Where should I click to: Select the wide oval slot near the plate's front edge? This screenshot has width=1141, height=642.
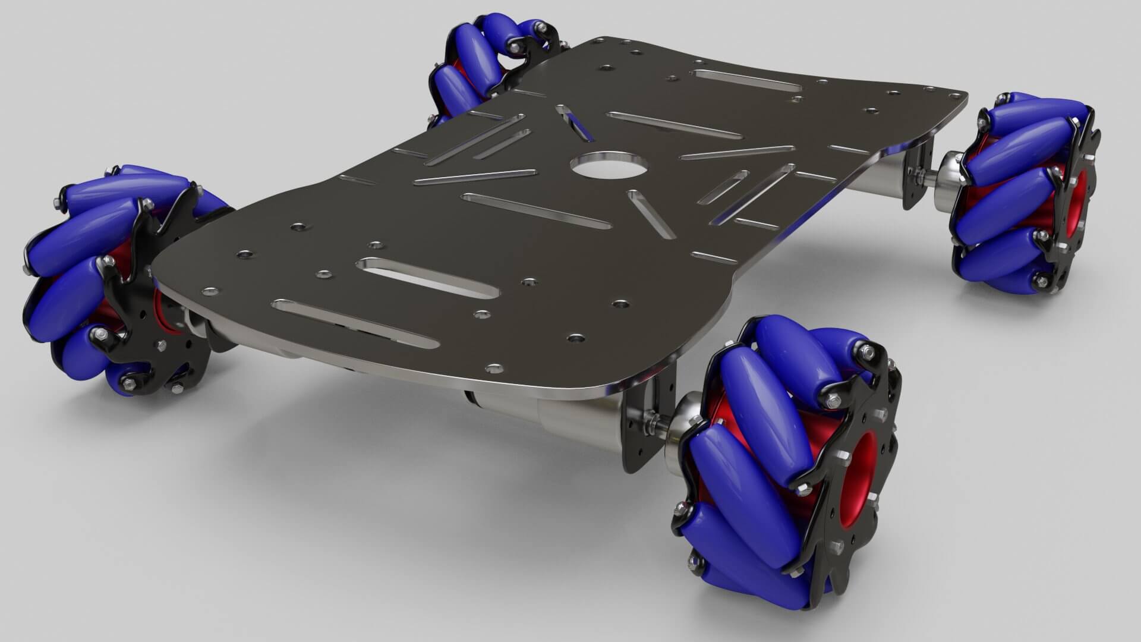point(427,277)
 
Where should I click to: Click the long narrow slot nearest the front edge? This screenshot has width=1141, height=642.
point(355,324)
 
